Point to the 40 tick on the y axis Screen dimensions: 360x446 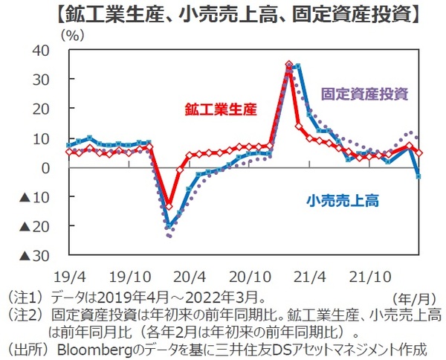(x=40, y=51)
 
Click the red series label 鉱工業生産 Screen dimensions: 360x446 (x=220, y=109)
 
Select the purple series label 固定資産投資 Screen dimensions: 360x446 (x=365, y=94)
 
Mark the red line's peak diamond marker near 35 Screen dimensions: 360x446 (x=289, y=65)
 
